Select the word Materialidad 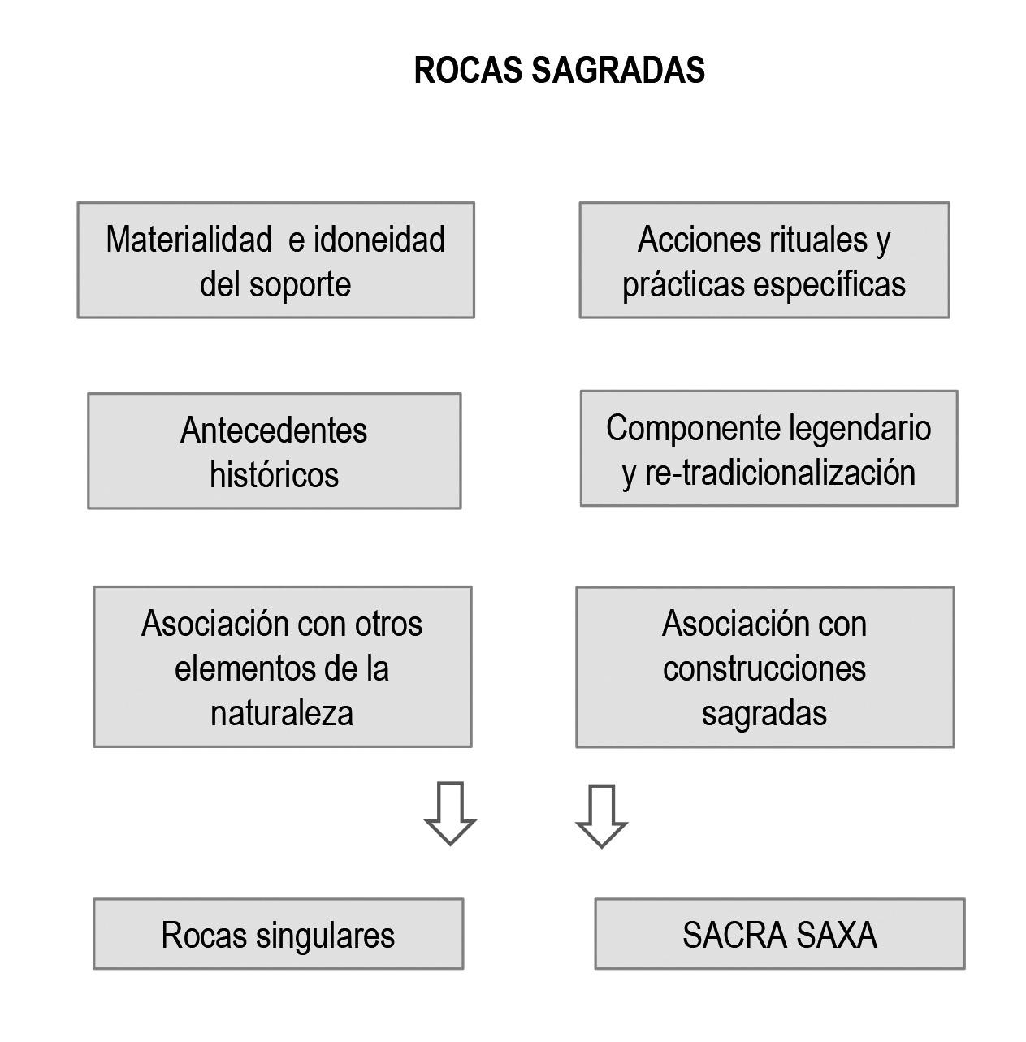[188, 240]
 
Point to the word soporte [300, 284]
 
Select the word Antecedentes [274, 430]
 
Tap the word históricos [274, 475]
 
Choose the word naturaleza [282, 713]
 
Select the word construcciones [764, 668]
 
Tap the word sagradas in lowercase [764, 713]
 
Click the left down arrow [450, 814]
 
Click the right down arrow [601, 816]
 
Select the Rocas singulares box [278, 934]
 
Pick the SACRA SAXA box [779, 934]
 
